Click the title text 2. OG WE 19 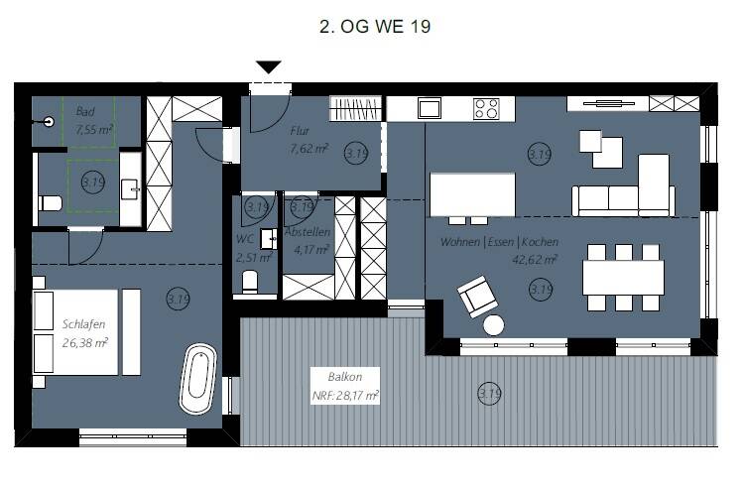[374, 27]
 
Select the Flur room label [302, 131]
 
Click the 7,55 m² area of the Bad [94, 129]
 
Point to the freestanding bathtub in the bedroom [200, 379]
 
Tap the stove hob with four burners [486, 108]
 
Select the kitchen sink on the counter [430, 108]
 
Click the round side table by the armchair [493, 324]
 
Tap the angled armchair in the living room [477, 295]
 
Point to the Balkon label [344, 377]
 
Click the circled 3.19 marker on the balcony [489, 394]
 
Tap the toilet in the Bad [50, 204]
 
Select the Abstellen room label [307, 232]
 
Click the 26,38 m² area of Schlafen [85, 343]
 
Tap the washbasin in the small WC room [268, 238]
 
